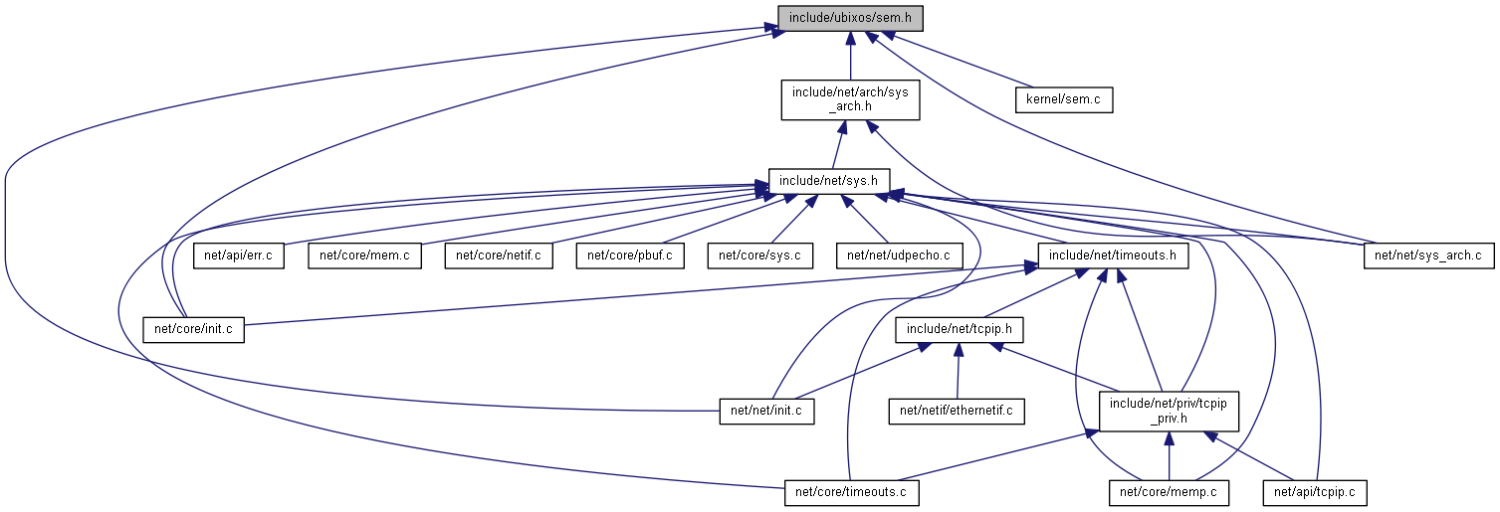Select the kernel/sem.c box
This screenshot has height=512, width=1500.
click(x=1063, y=100)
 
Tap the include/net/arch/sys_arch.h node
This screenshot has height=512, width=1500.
click(x=849, y=100)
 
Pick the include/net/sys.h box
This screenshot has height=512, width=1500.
click(x=828, y=181)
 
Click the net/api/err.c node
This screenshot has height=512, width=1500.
click(x=239, y=256)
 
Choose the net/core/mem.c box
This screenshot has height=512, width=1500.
click(x=364, y=256)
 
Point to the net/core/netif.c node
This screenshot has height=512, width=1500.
click(x=498, y=256)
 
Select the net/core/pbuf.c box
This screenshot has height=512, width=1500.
click(x=630, y=256)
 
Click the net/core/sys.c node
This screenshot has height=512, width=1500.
click(x=759, y=256)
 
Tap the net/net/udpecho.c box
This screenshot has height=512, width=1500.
click(x=899, y=256)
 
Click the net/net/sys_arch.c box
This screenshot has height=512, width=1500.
click(x=1427, y=256)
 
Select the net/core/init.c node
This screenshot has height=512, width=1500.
click(x=194, y=329)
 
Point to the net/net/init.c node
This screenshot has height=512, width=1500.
click(x=766, y=410)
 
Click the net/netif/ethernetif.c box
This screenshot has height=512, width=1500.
click(x=957, y=410)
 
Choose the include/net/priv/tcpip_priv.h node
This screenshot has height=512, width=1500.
click(x=1169, y=410)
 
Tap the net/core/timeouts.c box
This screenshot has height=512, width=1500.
click(x=851, y=491)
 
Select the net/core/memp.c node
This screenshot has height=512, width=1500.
click(x=1169, y=491)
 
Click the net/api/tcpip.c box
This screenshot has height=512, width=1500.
click(x=1314, y=491)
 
